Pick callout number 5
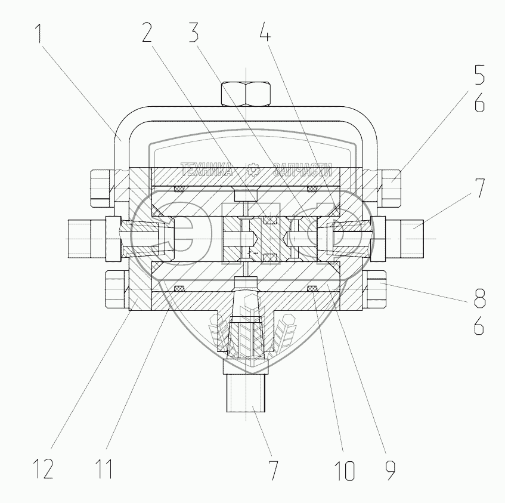click(x=479, y=78)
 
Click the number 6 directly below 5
click(x=479, y=104)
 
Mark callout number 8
click(x=479, y=297)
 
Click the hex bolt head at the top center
click(x=247, y=93)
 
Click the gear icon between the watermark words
click(x=253, y=169)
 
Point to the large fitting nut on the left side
click(x=88, y=239)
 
